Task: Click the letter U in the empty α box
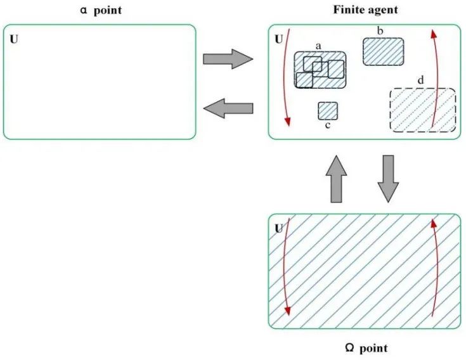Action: pos(14,39)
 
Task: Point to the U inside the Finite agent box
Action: pos(278,39)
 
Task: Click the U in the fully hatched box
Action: pos(278,228)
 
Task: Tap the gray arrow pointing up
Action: pos(337,179)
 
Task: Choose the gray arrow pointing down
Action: pos(388,179)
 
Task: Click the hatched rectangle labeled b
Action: pos(383,51)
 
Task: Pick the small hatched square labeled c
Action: pos(327,111)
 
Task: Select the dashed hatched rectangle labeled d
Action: pos(422,110)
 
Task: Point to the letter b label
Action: pos(380,31)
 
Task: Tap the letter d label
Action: pos(421,81)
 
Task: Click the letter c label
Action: pos(327,125)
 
